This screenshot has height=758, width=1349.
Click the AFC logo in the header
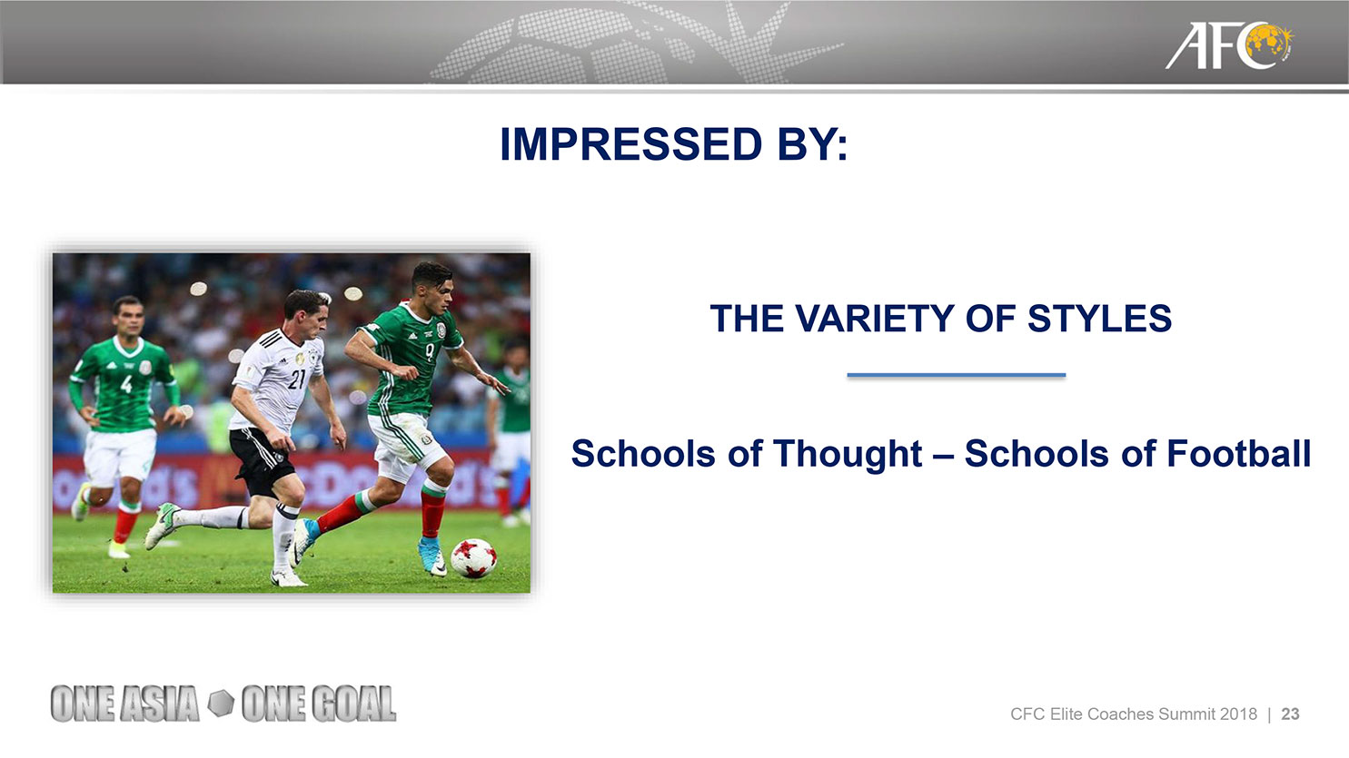1229,45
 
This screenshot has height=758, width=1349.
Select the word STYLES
1099,319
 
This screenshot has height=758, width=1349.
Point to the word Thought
848,454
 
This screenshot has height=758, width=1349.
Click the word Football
1239,453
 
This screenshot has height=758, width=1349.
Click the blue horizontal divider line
957,375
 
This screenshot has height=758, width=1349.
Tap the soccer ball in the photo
473,557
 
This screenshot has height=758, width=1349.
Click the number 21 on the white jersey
297,379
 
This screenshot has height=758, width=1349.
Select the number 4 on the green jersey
126,384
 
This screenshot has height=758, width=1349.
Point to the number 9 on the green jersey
430,351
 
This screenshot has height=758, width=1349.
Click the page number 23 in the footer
1290,714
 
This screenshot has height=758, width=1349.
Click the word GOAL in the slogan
353,704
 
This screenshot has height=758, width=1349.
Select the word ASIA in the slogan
159,704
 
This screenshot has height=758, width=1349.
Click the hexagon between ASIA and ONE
221,704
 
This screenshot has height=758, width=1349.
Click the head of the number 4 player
128,316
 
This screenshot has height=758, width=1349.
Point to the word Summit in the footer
1186,714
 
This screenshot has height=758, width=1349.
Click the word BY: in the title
812,144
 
